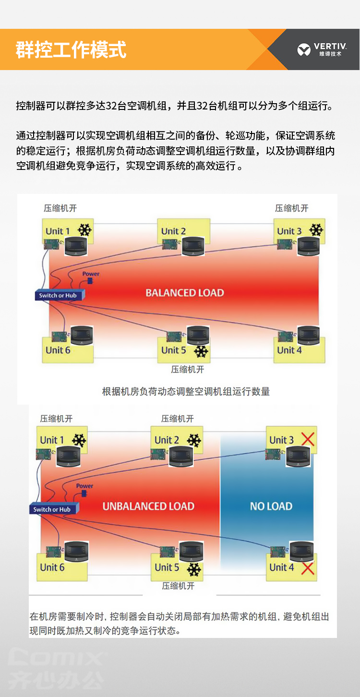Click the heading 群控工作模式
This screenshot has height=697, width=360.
[71, 50]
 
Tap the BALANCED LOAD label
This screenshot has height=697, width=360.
[185, 293]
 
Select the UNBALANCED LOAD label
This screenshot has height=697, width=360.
[148, 506]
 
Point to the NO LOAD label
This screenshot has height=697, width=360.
[271, 506]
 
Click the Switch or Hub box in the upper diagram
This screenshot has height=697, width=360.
[59, 295]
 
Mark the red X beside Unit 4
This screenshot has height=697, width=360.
[307, 568]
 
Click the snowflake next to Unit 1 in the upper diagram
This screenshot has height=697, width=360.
[85, 230]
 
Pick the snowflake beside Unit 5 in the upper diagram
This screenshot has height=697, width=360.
[201, 351]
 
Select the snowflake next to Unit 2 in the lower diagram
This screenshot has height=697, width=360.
[194, 440]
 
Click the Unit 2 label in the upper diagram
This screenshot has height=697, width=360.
[173, 231]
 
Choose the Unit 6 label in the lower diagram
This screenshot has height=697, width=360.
[52, 567]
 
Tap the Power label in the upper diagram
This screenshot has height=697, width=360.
[91, 274]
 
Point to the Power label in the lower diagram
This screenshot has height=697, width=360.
[85, 486]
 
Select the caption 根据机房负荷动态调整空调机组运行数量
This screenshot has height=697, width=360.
[186, 392]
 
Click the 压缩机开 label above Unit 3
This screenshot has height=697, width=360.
[291, 208]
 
